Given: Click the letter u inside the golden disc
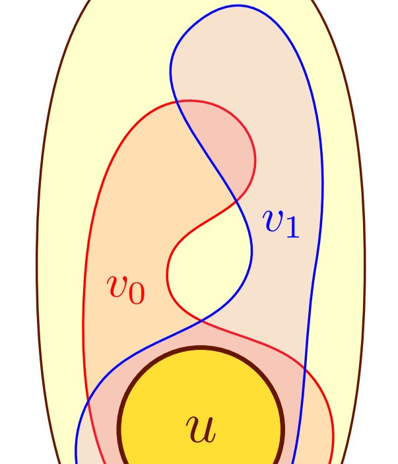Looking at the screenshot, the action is (x=201, y=429).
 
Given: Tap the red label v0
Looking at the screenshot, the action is (x=125, y=288).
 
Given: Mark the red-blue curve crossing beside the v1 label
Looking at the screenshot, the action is (x=236, y=199).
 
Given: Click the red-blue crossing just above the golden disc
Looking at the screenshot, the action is (x=199, y=321).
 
